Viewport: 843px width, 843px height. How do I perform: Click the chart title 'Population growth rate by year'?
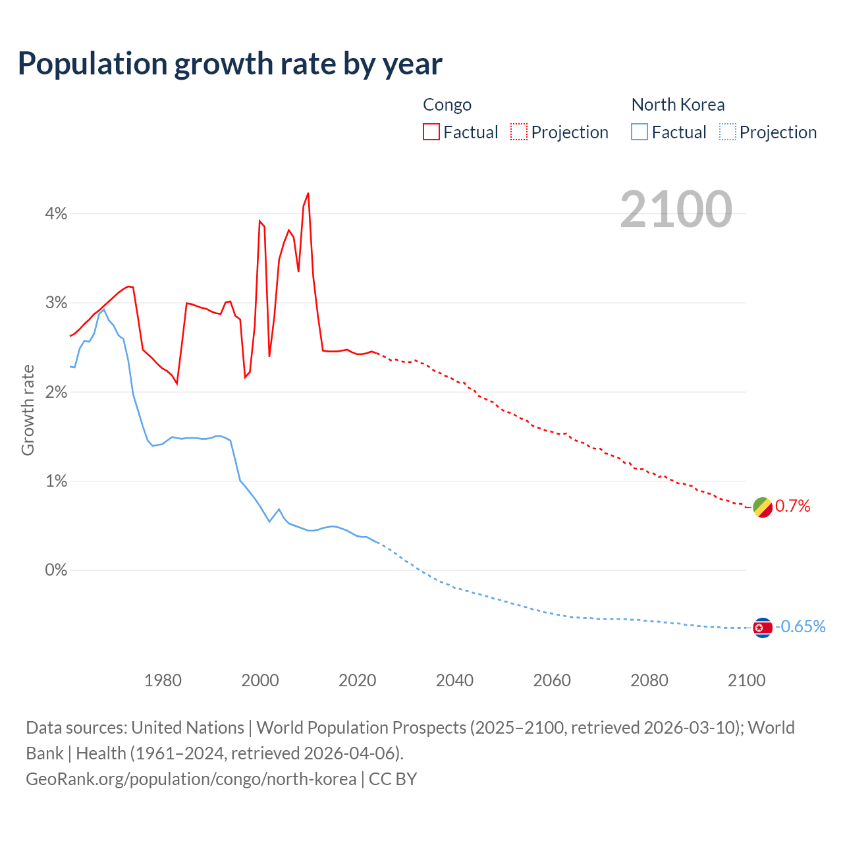tap(230, 64)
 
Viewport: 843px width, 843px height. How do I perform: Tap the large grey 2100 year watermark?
tap(676, 209)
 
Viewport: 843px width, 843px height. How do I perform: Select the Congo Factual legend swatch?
tap(431, 132)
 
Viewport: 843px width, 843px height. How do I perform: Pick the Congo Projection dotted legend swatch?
tap(519, 132)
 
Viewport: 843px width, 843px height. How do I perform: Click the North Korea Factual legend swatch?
tap(639, 132)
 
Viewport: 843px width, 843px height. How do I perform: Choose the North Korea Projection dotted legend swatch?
tap(727, 132)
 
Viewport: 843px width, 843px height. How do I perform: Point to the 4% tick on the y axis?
tap(56, 213)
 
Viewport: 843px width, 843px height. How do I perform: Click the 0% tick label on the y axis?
tap(56, 570)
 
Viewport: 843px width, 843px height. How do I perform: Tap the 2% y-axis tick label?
tap(56, 392)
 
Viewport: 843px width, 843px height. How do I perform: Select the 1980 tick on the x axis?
tap(163, 680)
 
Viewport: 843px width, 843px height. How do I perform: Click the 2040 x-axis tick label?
tap(454, 680)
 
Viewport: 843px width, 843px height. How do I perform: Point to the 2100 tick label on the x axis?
tap(746, 680)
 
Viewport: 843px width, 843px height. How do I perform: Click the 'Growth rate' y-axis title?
tap(28, 410)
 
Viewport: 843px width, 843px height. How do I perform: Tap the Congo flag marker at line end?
tap(762, 507)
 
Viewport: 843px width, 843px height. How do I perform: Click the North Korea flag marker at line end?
tap(762, 628)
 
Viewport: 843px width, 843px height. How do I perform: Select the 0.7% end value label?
tap(792, 506)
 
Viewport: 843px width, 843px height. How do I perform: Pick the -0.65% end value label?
tap(800, 626)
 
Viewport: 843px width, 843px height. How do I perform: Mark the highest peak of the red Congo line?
tap(308, 194)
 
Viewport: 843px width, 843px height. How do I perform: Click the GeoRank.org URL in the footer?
tap(191, 778)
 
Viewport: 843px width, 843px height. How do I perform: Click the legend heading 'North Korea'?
tap(678, 105)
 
